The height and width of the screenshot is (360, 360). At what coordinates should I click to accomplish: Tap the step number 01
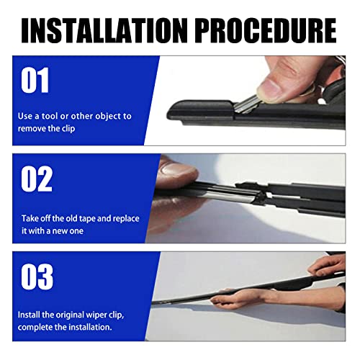(x=36, y=81)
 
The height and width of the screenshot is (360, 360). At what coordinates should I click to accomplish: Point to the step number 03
(x=37, y=276)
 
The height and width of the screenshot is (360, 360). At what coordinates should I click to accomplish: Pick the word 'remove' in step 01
(x=34, y=127)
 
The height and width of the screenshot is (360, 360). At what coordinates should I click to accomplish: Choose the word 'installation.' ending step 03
(x=91, y=327)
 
